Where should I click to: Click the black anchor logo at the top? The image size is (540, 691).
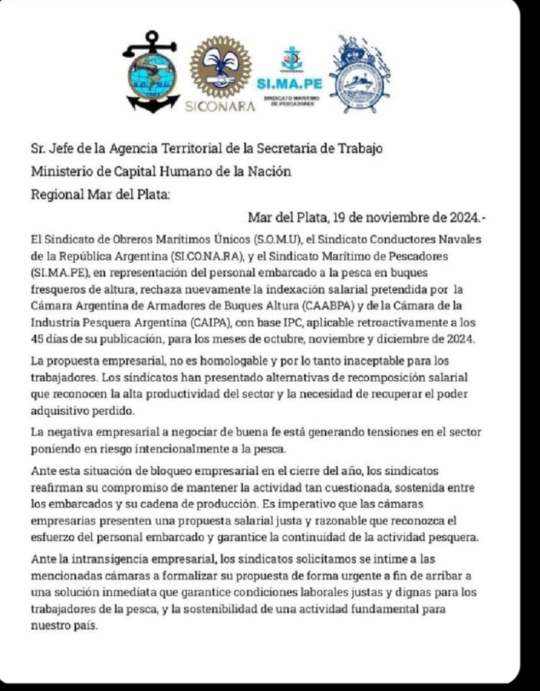151,72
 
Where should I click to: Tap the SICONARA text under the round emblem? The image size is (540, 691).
220,106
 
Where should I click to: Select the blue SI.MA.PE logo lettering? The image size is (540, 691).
290,84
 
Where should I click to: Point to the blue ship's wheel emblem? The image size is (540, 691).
360,74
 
